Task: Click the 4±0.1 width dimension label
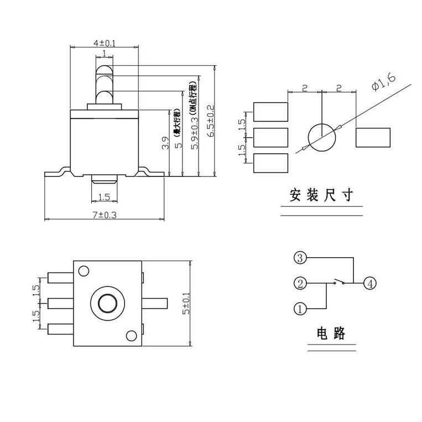pyautogui.click(x=105, y=43)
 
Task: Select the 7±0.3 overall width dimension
pyautogui.click(x=105, y=215)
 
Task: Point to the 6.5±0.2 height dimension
pyautogui.click(x=210, y=120)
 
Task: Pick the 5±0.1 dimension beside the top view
pyautogui.click(x=186, y=304)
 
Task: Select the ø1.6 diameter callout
pyautogui.click(x=384, y=82)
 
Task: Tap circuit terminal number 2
pyautogui.click(x=299, y=284)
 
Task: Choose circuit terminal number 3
pyautogui.click(x=299, y=258)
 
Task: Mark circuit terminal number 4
pyautogui.click(x=369, y=284)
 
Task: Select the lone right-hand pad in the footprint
pyautogui.click(x=373, y=138)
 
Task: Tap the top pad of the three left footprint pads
pyautogui.click(x=270, y=112)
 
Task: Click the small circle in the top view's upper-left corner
pyautogui.click(x=84, y=271)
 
